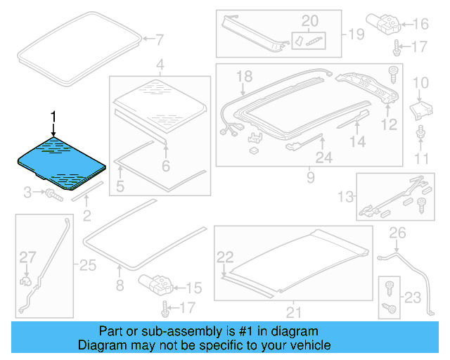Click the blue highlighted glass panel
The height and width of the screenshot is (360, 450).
coord(62,163)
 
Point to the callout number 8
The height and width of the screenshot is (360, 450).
coord(120,285)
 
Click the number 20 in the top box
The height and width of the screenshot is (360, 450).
coord(310,20)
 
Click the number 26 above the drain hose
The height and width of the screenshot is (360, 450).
coord(398,232)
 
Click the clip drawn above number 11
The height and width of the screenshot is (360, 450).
coord(420,132)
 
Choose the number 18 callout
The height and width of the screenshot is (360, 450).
coord(243,76)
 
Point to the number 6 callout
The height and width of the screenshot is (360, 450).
coord(166,167)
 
